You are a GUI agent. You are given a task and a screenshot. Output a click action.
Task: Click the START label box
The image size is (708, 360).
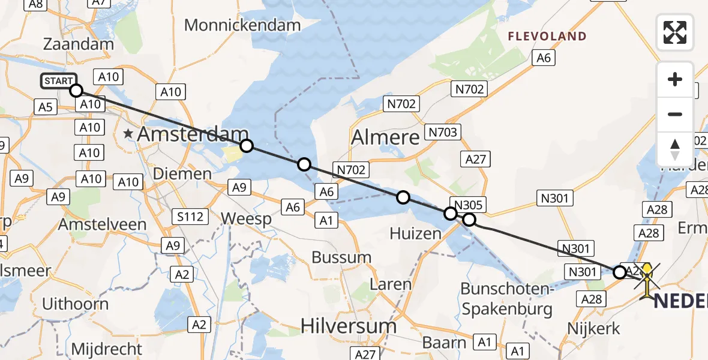(x=58, y=80)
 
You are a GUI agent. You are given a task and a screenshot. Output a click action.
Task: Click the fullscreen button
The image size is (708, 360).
(x=675, y=32)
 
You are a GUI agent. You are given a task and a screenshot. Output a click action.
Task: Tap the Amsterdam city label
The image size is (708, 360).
(x=193, y=134)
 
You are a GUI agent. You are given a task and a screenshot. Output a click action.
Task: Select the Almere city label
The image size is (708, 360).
(x=385, y=137)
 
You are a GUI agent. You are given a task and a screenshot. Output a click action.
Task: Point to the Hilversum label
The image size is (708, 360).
(x=348, y=326)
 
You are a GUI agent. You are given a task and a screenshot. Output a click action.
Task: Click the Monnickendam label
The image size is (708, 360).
(x=242, y=25)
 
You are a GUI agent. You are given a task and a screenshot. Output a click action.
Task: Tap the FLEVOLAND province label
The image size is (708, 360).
(x=547, y=37)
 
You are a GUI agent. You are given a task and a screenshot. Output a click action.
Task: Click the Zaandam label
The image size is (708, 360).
(x=79, y=44)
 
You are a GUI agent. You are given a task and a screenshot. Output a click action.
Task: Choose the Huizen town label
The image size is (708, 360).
(x=416, y=233)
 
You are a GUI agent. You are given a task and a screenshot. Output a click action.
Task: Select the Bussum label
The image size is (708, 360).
(x=341, y=257)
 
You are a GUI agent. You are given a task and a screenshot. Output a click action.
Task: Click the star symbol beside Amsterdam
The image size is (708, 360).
(x=128, y=134)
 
